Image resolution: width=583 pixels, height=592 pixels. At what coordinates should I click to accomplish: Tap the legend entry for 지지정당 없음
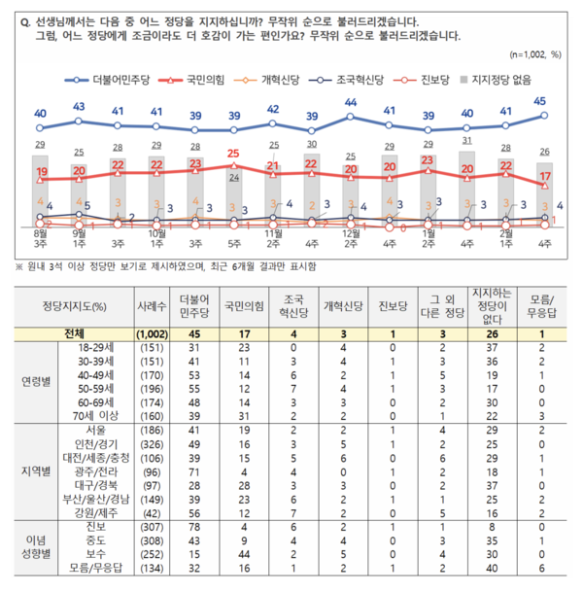click(497, 83)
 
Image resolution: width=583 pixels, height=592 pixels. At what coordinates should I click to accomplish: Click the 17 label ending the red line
click(545, 176)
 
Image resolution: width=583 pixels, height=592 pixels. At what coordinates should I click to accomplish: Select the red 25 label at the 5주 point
click(233, 154)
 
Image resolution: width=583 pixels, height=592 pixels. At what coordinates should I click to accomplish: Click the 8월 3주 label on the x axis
click(40, 240)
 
